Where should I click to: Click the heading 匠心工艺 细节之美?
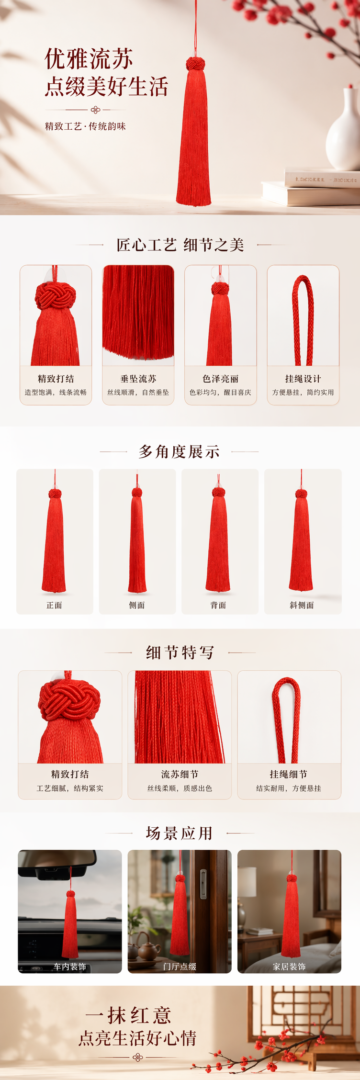click(180, 245)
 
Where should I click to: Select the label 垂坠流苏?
click(138, 379)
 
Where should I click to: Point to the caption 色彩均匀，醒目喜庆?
click(220, 393)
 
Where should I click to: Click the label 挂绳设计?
click(303, 379)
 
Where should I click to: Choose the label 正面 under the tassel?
click(54, 605)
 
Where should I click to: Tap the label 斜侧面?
click(302, 605)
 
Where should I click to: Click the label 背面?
click(218, 605)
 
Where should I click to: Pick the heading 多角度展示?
click(179, 451)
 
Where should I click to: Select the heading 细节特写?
click(180, 652)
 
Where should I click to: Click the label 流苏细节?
click(180, 774)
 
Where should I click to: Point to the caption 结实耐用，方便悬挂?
click(289, 788)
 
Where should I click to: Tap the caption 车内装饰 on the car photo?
click(70, 967)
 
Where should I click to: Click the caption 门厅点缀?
click(180, 967)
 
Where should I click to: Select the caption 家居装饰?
click(289, 967)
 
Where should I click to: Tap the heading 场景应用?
click(179, 833)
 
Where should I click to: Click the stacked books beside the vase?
click(311, 187)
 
